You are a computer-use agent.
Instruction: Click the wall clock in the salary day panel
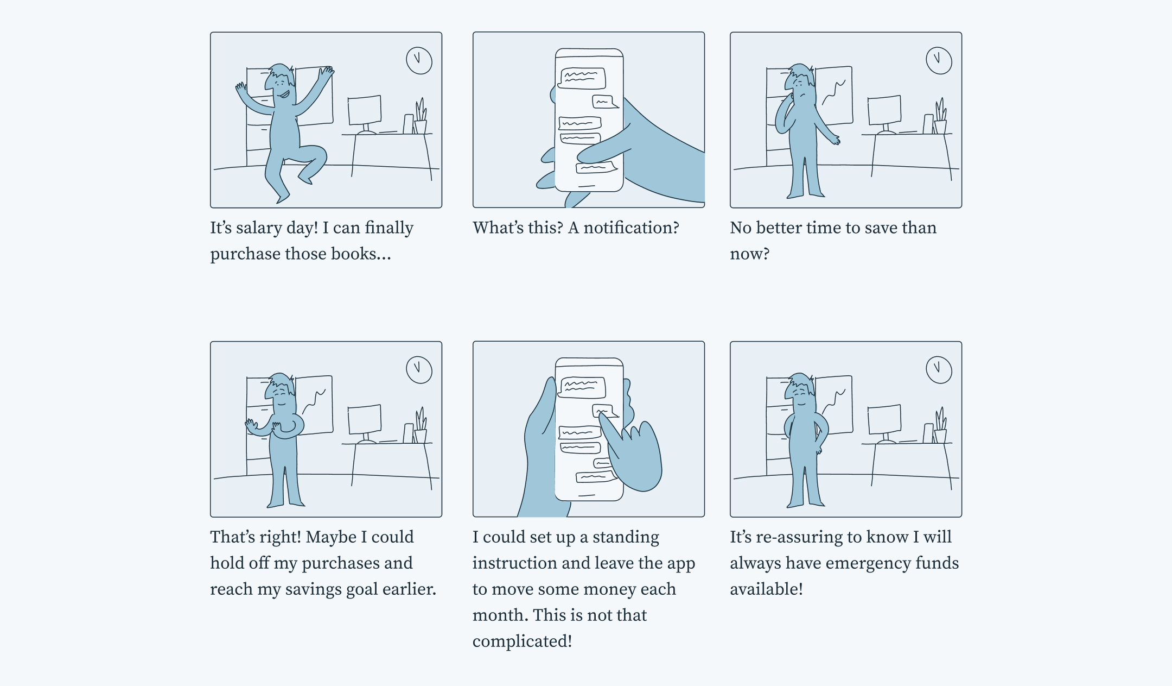point(419,60)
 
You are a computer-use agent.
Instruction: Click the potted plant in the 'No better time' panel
point(940,117)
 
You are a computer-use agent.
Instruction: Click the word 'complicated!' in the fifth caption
point(522,641)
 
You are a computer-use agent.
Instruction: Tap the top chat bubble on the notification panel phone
point(582,78)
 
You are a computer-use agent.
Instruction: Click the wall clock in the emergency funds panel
point(939,370)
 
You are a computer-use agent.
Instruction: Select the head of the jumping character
point(281,81)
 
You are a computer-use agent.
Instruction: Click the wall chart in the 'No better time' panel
point(835,95)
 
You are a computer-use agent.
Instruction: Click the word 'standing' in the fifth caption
point(626,537)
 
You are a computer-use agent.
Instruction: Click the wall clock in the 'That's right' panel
point(419,370)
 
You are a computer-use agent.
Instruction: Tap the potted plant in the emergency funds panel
point(940,426)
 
